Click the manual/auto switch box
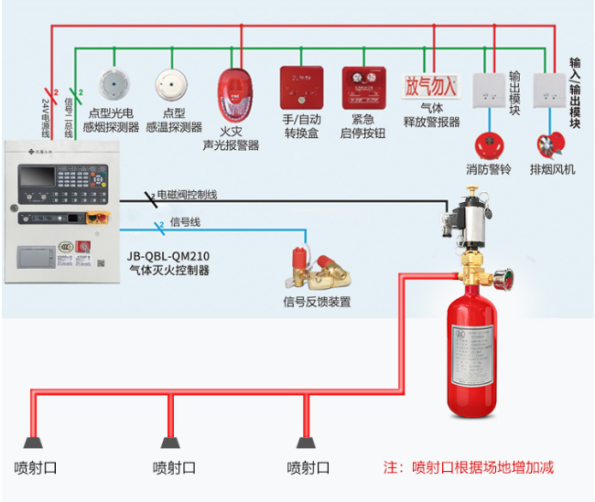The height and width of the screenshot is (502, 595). point(298,86)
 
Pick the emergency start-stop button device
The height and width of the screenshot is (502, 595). point(359,86)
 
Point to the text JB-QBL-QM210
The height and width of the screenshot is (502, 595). point(168,256)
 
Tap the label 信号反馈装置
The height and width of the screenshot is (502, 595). point(317,302)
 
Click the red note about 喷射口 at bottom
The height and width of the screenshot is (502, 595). point(468,467)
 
